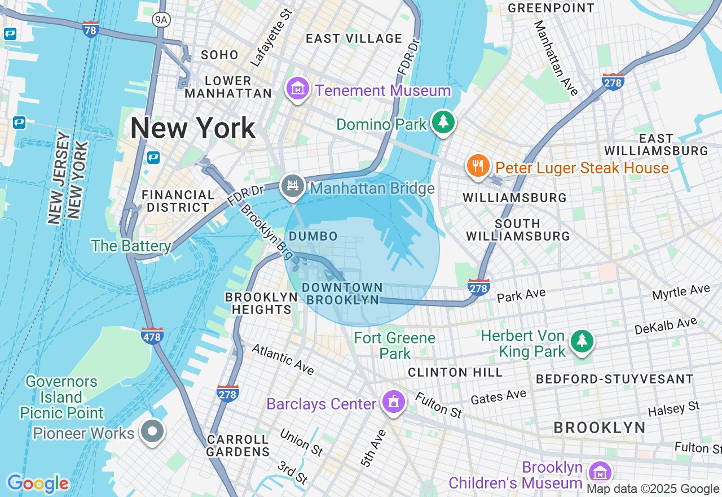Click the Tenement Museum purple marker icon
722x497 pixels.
tap(298, 89)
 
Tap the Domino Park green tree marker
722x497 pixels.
tap(443, 121)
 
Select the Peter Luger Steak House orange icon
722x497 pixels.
tap(478, 166)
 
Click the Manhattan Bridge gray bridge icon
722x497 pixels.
tap(292, 186)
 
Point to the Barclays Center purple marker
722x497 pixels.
tap(393, 402)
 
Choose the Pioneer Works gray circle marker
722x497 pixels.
tap(152, 432)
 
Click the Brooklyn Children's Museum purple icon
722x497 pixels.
tap(599, 472)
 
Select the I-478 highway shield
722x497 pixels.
tap(152, 335)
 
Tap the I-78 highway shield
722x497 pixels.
tap(91, 29)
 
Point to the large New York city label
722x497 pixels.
tap(193, 128)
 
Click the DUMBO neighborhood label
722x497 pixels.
tap(313, 237)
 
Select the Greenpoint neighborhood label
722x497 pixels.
tap(551, 8)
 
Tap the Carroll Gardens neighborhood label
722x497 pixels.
tap(237, 446)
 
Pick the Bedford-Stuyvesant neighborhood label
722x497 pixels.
tap(615, 379)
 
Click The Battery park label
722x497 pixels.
tap(131, 246)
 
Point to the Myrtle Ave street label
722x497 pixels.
tap(681, 293)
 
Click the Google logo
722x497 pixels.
tap(37, 483)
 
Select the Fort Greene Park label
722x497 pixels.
tap(395, 346)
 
